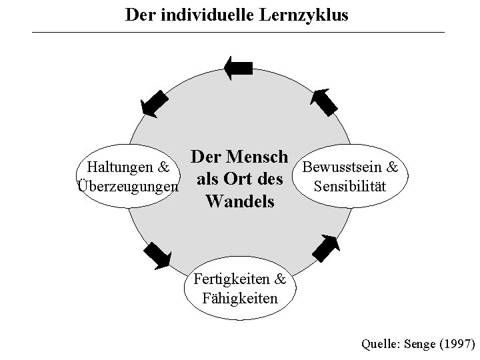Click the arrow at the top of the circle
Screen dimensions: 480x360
pos(238,67)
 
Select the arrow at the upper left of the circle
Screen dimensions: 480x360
pos(155,103)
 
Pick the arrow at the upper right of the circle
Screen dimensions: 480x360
pos(326,101)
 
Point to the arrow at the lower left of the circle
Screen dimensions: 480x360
pos(157,255)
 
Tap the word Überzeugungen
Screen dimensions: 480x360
pos(128,185)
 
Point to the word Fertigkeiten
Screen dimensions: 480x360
pos(231,279)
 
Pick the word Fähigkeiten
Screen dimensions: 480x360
pos(239,297)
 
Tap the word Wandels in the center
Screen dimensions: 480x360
pos(240,200)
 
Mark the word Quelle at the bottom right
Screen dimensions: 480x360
pos(379,345)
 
